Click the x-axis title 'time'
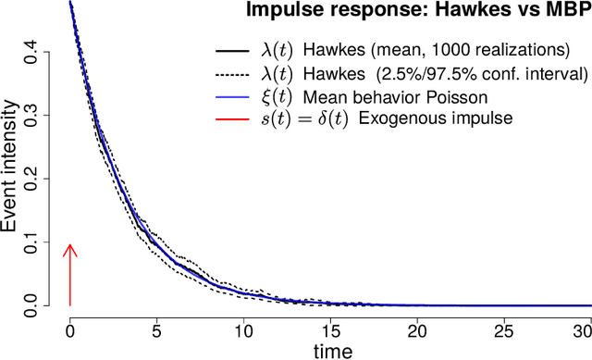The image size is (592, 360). click(330, 351)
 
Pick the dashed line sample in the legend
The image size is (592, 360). click(229, 71)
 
